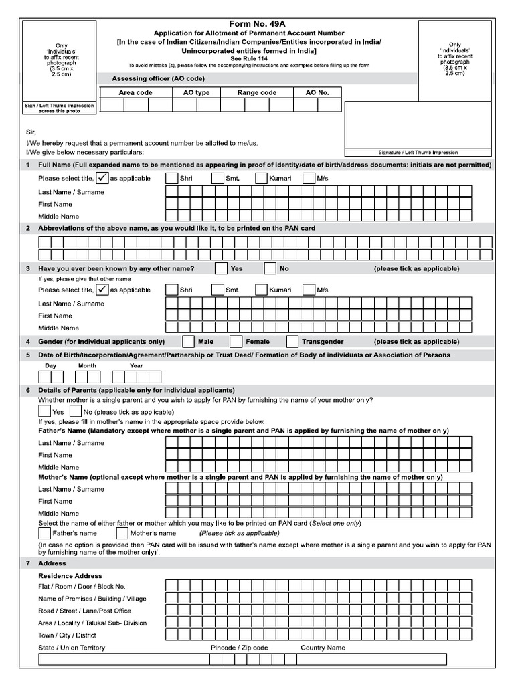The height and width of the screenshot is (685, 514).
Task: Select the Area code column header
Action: pos(135,93)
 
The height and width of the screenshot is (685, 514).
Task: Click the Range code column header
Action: pos(257,93)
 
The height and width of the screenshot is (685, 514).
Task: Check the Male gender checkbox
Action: pos(188,341)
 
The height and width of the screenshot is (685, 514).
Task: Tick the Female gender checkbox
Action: pos(236,341)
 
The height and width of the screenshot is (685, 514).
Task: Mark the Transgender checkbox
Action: pos(292,341)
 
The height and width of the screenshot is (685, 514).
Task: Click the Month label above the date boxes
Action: pos(87,366)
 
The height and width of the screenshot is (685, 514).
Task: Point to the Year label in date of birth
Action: pos(137,366)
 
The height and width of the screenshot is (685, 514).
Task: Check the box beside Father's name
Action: pos(45,533)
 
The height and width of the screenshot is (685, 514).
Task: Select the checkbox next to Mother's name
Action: pos(122,533)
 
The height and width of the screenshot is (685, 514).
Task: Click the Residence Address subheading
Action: pos(70,576)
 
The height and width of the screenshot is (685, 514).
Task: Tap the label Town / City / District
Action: pos(67,635)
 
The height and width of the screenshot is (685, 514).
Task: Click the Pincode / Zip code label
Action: pos(239,648)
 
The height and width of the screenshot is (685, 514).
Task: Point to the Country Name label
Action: pos(323,648)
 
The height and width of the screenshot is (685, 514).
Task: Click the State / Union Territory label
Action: pos(72,648)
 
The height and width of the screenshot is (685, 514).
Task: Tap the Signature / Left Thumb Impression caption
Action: pos(408,152)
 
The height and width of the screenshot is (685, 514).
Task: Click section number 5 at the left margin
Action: pos(27,355)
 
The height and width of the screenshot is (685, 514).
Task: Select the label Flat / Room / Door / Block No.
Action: pos(82,587)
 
